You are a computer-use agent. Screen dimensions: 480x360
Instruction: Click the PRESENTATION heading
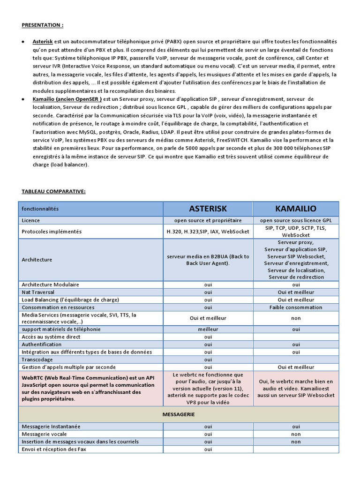pos(42,25)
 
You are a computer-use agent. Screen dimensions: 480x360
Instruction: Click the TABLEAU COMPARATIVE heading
pos(53,191)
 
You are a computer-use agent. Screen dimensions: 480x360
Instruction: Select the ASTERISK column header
pos(208,209)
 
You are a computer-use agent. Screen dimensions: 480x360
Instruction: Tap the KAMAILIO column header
pos(296,209)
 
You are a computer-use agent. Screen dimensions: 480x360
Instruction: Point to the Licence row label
pos(31,220)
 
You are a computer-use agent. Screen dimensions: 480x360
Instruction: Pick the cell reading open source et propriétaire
pos(208,220)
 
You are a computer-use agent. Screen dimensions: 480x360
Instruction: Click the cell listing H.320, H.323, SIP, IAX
pos(208,232)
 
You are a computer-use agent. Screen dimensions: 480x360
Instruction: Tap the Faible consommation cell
pos(296,307)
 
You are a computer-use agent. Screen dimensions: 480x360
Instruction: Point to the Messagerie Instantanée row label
pos(51,427)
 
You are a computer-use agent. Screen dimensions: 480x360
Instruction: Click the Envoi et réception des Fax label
pos(54,449)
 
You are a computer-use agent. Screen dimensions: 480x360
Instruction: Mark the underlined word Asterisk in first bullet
pos(43,42)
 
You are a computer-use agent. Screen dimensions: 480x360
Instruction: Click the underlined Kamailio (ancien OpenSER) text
pos(67,99)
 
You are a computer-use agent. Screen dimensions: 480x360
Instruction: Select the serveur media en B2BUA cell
pos(208,260)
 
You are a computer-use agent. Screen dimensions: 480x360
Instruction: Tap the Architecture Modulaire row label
pos(51,285)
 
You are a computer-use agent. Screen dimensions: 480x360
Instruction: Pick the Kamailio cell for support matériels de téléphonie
pos(296,329)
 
